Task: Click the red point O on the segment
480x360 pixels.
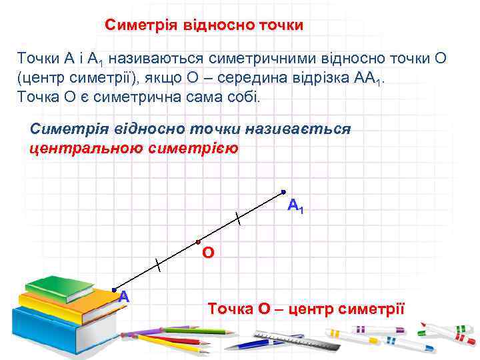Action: (199, 241)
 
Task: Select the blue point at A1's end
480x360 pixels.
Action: (283, 192)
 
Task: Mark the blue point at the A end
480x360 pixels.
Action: (115, 290)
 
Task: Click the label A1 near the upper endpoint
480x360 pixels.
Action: (295, 206)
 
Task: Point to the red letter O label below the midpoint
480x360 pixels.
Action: (208, 254)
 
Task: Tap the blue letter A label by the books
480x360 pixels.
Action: (123, 297)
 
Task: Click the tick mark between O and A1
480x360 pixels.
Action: (238, 217)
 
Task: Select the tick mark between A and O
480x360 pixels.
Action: (157, 265)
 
